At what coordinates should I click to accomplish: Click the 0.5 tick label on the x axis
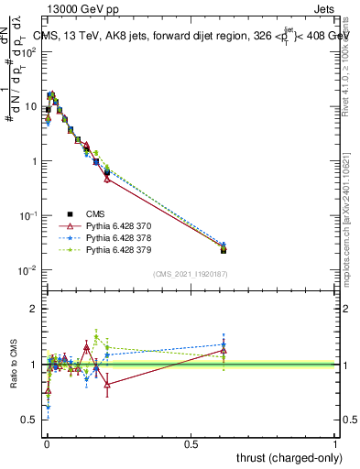(191, 443)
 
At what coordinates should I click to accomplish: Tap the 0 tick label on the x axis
(46, 443)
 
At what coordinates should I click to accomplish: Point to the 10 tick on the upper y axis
(30, 106)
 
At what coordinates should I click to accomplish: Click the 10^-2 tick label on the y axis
(27, 270)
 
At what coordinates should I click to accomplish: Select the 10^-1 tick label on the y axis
(27, 215)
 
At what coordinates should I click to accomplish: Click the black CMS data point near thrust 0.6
(224, 249)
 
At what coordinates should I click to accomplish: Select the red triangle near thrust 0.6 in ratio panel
(224, 351)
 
